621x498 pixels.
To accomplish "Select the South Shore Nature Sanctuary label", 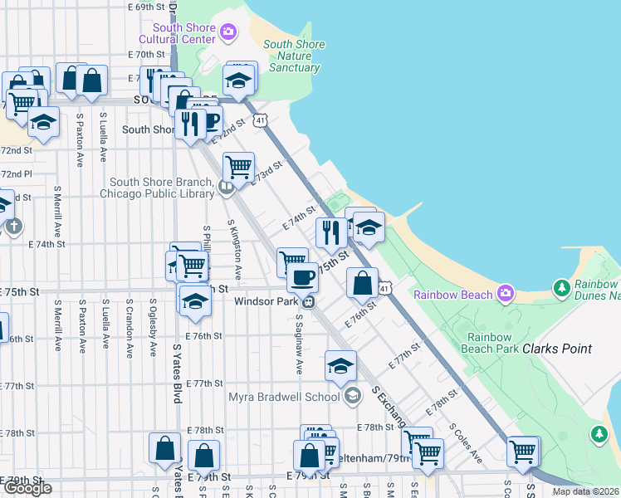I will pos(291,56).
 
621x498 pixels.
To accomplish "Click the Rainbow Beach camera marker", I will pos(505,293).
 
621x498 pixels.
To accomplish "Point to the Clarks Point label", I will pos(557,349).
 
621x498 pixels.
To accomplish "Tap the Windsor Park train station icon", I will pos(308,301).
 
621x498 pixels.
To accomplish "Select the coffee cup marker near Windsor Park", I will pos(302,276).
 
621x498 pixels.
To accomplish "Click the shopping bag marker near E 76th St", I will pos(362,283).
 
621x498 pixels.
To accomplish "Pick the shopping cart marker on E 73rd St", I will pos(238,166).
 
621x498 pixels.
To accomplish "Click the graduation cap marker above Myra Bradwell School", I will pos(340,365).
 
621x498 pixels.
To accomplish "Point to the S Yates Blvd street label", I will pos(178,373).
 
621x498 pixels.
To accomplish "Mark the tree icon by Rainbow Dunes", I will pos(562,288).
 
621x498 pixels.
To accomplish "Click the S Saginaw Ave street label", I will pos(296,336).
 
